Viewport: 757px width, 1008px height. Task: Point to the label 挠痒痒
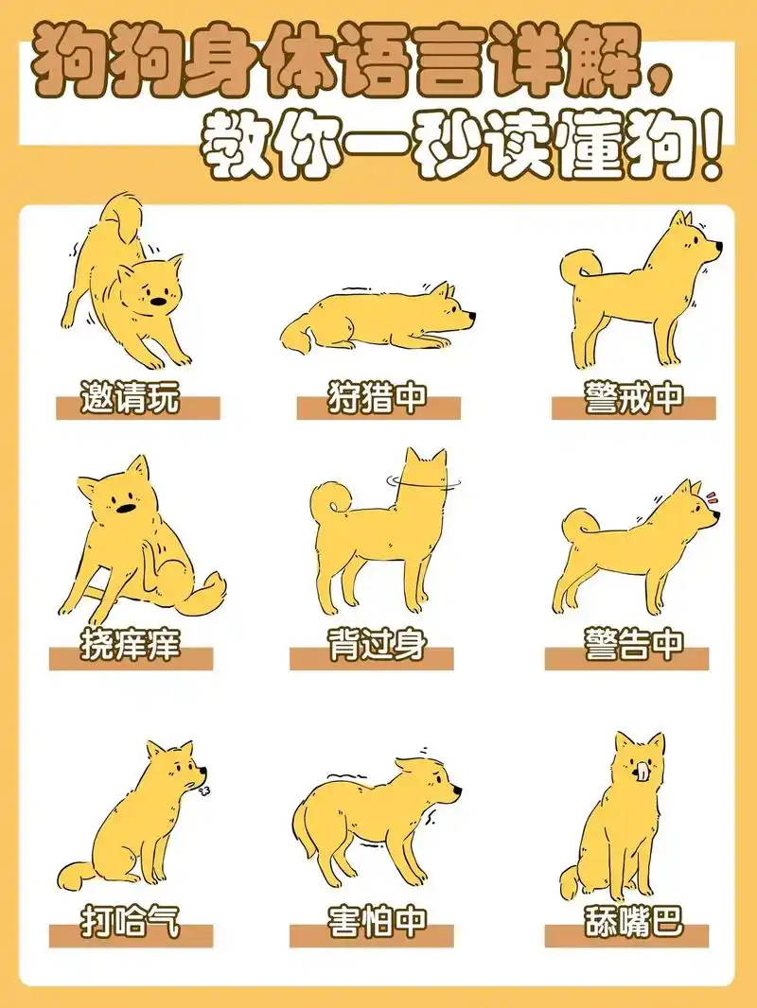click(130, 646)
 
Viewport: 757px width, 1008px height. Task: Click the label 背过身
click(378, 646)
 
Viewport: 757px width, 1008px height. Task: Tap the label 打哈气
click(130, 918)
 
